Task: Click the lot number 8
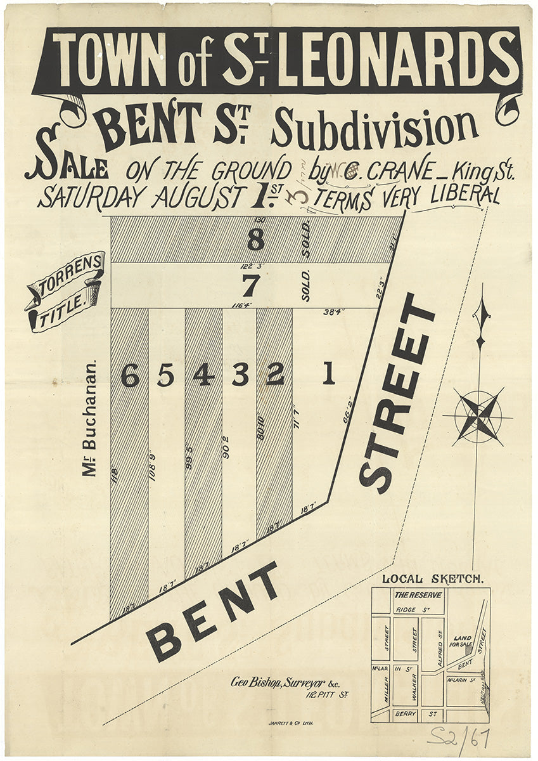coord(255,240)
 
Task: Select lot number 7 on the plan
coord(251,287)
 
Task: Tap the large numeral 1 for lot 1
coord(328,376)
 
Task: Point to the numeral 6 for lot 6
coord(130,377)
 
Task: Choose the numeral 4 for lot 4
coord(203,376)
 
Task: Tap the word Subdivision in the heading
coord(374,127)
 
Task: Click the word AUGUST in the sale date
coord(197,196)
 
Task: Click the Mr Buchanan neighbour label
coord(91,419)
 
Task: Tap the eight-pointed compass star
coord(478,416)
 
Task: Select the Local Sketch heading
coord(433,578)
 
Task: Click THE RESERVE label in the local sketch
coord(418,595)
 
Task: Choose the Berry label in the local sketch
coord(413,714)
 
